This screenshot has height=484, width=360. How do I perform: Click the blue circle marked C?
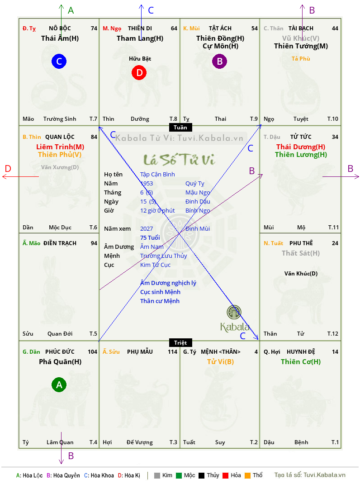[59, 61]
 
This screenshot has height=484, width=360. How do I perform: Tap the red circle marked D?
[139, 72]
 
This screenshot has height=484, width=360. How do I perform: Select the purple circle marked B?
[219, 61]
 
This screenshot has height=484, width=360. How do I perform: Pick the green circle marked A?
[59, 384]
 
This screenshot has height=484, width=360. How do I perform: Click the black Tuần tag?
[180, 127]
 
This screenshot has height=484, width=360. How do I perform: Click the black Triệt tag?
[180, 342]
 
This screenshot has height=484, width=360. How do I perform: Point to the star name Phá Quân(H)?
[60, 362]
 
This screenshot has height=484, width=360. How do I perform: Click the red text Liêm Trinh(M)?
[60, 147]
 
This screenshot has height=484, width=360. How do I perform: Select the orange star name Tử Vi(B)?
[220, 362]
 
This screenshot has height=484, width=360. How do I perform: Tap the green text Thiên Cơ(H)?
[301, 362]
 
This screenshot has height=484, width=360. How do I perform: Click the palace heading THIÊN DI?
[140, 28]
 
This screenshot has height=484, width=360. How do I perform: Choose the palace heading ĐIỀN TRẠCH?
[60, 243]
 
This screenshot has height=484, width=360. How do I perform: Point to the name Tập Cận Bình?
[157, 175]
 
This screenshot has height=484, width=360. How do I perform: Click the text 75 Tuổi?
[150, 237]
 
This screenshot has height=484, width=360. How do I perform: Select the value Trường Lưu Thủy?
[164, 256]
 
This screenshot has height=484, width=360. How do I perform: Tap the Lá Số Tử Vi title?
[180, 160]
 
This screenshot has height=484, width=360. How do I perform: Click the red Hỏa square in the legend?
[225, 475]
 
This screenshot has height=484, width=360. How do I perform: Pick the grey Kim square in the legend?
[157, 475]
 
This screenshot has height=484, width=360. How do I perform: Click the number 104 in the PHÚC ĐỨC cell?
[92, 352]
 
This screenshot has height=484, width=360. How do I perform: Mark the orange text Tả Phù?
[301, 59]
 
